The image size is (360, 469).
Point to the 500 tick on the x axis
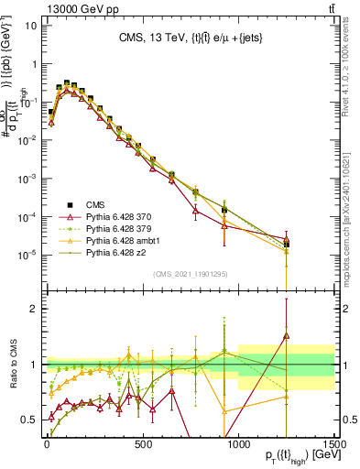(x=143, y=441)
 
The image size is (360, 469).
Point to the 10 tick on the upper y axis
(x=31, y=25)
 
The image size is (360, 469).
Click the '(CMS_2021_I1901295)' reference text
(x=190, y=274)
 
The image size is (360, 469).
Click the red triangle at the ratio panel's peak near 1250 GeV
(x=287, y=336)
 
